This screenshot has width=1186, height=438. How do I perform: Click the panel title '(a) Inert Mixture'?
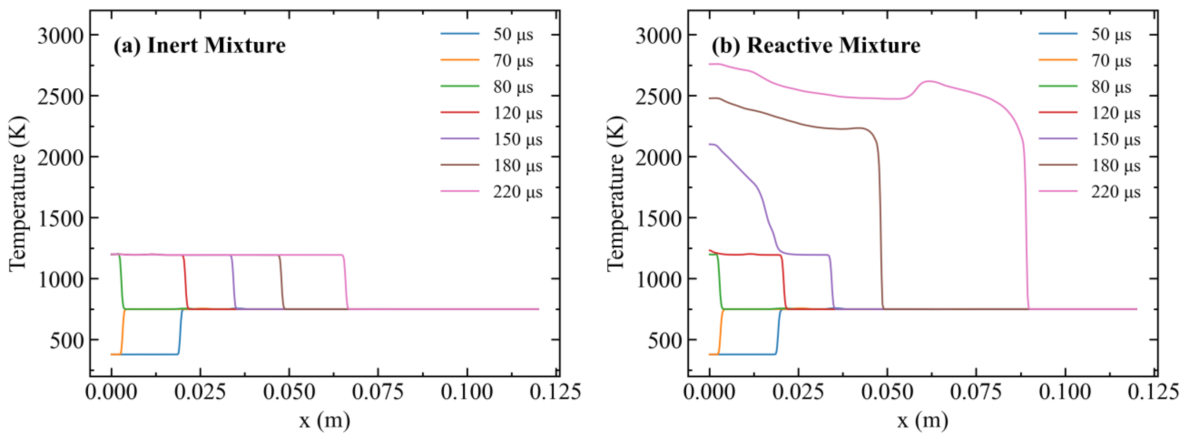tap(199, 46)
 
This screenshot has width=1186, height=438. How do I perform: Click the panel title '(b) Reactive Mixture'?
tap(815, 46)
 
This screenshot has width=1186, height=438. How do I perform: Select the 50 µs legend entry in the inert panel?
tap(513, 35)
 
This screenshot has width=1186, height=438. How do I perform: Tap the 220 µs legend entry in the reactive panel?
tap(1116, 192)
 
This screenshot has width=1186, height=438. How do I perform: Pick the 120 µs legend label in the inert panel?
tap(518, 114)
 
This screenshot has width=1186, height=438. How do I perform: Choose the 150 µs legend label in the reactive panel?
tap(1116, 140)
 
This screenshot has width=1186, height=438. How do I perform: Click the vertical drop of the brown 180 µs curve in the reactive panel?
tap(881, 231)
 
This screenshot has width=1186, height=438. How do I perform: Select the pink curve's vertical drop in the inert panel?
tap(345, 281)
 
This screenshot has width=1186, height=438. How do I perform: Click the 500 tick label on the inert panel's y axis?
tap(68, 340)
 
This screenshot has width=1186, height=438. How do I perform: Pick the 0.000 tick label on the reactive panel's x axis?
tap(709, 392)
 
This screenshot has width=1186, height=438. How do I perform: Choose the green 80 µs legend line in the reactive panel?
tap(1058, 86)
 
